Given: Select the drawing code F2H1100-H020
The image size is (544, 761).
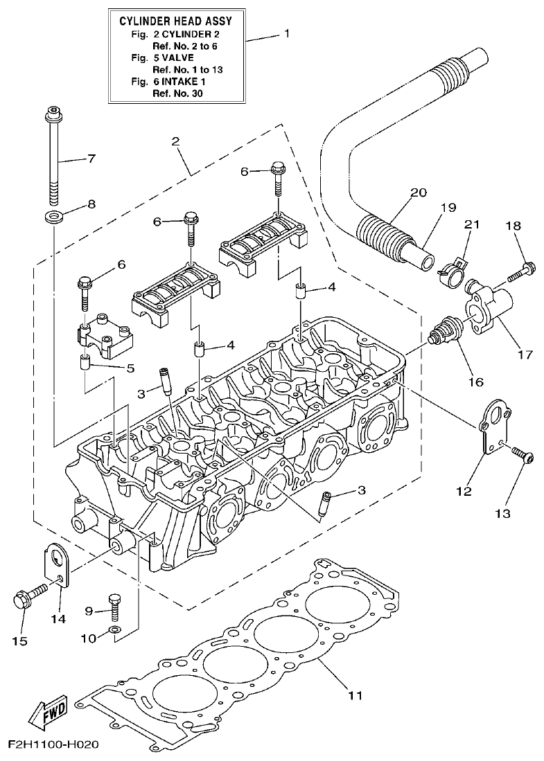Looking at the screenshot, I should pos(53,746).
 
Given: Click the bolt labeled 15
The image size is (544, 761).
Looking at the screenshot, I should pos(27,598).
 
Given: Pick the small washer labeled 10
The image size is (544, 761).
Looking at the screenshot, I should pos(114,630).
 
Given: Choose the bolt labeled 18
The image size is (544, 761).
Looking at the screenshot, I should pos(520,271).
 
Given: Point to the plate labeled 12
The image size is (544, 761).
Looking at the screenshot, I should pos(493,433).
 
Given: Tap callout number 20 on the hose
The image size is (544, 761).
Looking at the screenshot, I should pos(418,193).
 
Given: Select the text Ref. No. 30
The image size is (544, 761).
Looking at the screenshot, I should pos(175,92).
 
